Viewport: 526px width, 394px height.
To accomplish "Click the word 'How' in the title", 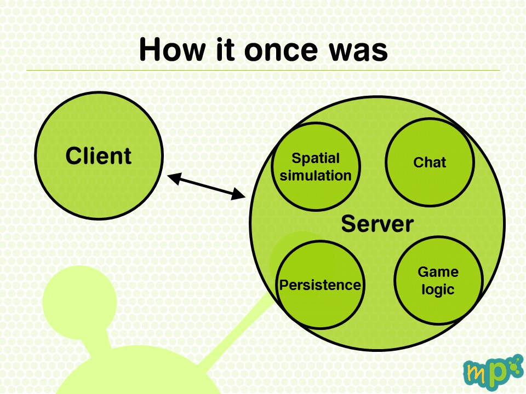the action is tap(172, 50).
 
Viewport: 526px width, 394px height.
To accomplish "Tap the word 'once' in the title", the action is tap(281, 50).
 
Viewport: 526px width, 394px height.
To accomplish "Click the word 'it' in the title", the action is tap(225, 50).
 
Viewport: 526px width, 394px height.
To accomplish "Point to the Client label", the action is tap(98, 155).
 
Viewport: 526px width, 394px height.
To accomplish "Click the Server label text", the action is tap(378, 224).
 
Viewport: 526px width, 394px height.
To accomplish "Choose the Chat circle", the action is tap(430, 162).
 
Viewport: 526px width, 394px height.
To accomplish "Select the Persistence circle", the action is tap(321, 285).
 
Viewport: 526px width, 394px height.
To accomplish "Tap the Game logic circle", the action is tap(438, 280).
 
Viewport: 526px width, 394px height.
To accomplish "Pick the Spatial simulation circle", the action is tap(316, 166).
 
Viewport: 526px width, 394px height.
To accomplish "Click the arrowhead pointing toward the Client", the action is tap(174, 178).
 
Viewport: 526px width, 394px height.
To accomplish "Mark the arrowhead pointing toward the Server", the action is tap(238, 194).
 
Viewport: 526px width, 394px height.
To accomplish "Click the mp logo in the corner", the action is tap(493, 372).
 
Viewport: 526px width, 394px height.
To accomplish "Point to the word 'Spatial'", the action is tap(316, 159).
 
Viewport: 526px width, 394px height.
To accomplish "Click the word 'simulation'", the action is tap(316, 175).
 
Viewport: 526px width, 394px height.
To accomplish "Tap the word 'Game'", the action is tap(438, 272).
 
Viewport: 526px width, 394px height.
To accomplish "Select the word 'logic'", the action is tap(438, 289).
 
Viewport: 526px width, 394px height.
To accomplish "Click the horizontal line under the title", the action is tap(264, 71).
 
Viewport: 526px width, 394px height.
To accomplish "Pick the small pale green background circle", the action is tap(79, 302).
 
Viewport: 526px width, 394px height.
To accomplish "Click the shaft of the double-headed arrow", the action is tap(207, 186).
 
